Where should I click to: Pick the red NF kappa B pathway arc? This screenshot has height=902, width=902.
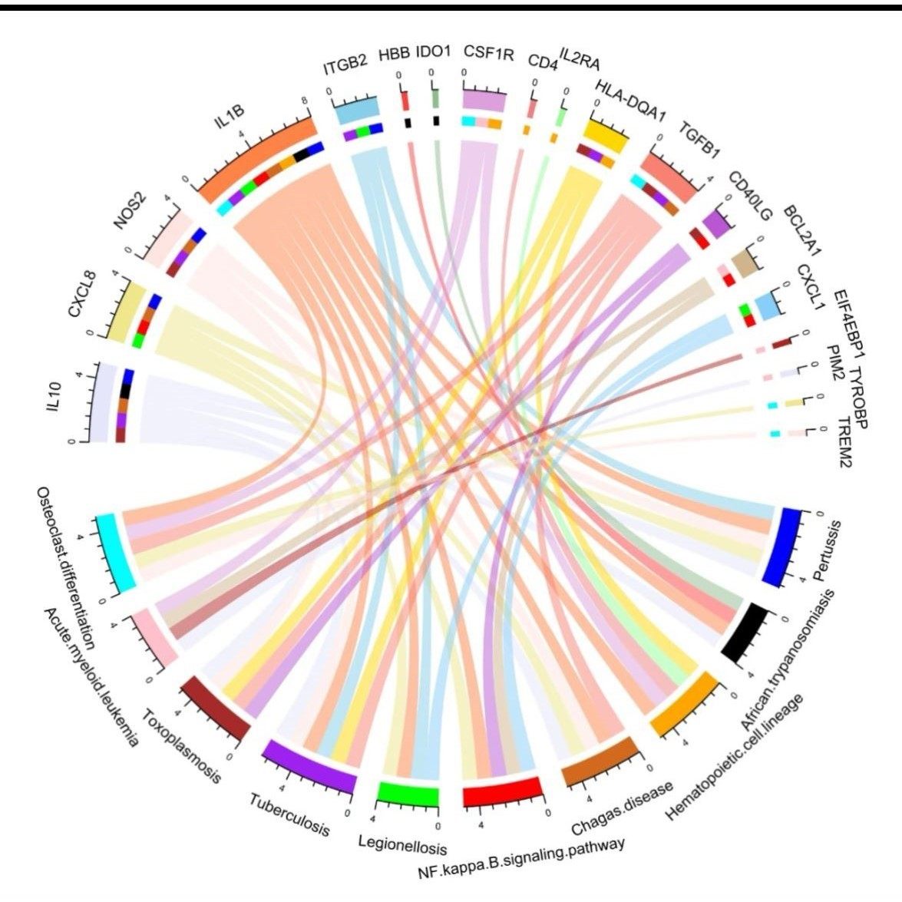[502, 791]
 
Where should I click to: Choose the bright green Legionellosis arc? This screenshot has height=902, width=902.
[408, 794]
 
